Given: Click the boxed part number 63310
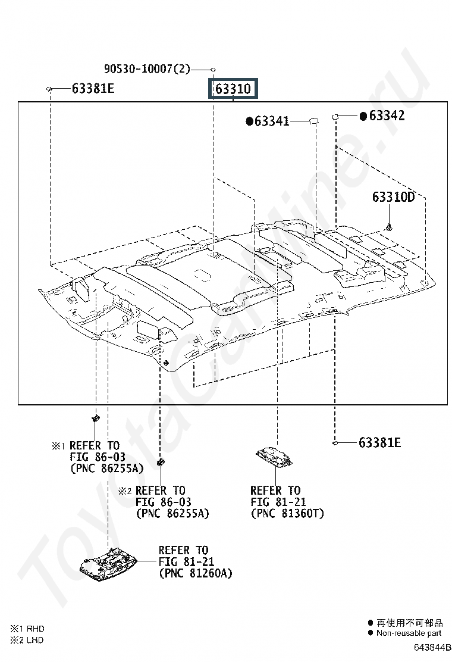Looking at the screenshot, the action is coord(233,89).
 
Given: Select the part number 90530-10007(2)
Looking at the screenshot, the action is coord(147,68).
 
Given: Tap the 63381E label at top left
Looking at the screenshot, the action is coord(93,88).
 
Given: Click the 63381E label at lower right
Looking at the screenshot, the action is coord(379,442).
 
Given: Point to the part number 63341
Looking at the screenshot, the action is coord(272,121).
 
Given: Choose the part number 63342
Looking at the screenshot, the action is coord(387,115).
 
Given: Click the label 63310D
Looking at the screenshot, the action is coord(393,196).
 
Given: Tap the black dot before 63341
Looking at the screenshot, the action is coord(250,121).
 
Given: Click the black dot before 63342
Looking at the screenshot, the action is coord(363,115).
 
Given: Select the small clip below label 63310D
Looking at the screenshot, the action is coord(389,227).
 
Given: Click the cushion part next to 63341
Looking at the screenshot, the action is coord(313,121).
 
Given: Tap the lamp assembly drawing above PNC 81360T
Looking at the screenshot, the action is coord(274,457).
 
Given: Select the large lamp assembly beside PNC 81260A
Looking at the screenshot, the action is coord(109,566).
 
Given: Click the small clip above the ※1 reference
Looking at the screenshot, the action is coord(96,419).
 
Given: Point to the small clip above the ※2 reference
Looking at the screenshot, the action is coord(161,462).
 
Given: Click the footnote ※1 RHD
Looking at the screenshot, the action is coord(27,629).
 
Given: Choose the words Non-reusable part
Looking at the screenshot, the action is coord(409,633).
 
